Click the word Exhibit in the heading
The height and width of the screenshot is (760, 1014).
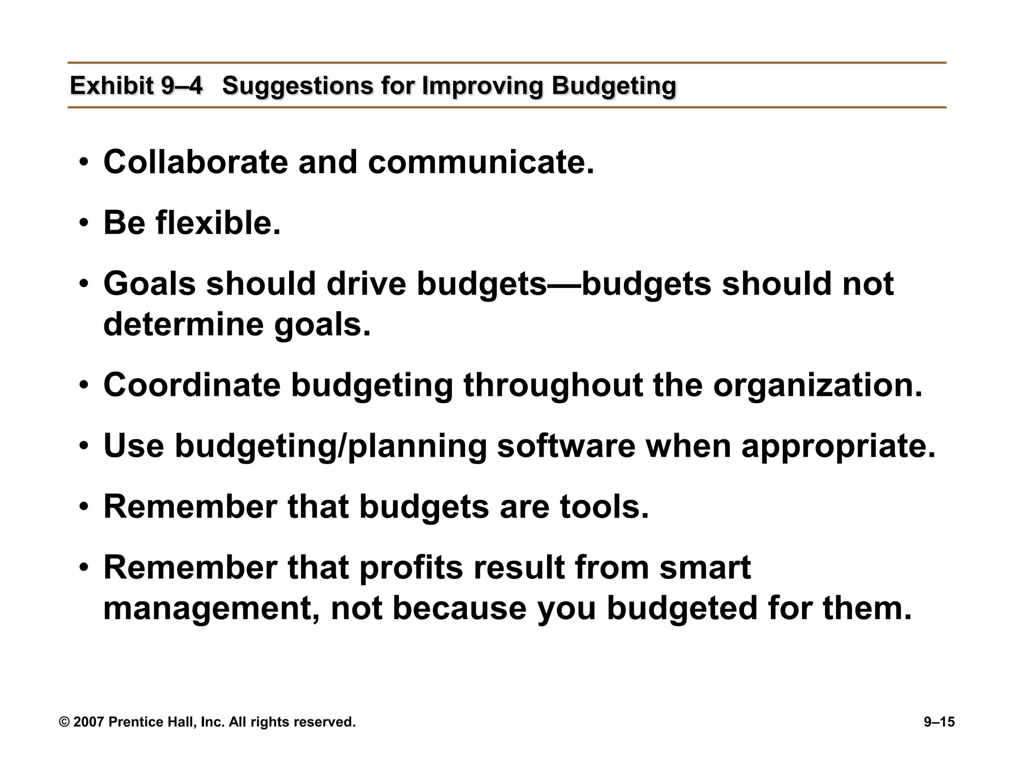coord(112,86)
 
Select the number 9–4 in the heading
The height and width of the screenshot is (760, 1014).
coord(182,86)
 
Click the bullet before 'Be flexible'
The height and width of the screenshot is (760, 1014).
coord(84,224)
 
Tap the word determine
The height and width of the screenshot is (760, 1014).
coord(184,325)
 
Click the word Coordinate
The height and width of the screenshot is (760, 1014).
coord(192,385)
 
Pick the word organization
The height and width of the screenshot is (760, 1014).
coord(817,386)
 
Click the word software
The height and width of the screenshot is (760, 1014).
coord(565,446)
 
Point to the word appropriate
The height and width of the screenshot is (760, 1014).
coord(838,447)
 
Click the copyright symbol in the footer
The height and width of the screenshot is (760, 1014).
coord(64,722)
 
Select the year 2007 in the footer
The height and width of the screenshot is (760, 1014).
coord(89,722)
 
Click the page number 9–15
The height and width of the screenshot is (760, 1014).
coord(939,722)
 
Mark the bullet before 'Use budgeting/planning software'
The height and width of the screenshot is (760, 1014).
coord(84,447)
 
